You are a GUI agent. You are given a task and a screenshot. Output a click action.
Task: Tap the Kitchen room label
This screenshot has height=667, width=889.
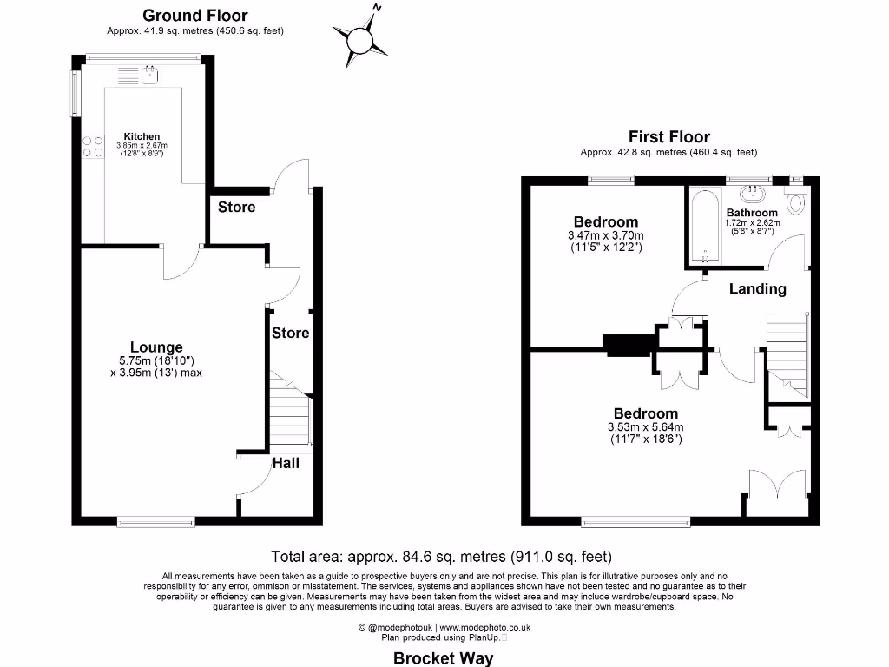pos(142,136)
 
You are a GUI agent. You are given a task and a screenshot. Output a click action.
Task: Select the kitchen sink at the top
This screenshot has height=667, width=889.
pos(148,76)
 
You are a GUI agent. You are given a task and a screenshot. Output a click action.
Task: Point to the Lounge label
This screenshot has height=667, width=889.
pos(156,347)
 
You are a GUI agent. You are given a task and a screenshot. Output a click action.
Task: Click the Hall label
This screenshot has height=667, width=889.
pos(286,463)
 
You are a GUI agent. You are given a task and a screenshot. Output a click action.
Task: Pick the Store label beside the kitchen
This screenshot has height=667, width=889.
pos(236,208)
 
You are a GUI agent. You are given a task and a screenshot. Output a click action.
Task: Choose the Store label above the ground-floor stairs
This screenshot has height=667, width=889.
pos(291,333)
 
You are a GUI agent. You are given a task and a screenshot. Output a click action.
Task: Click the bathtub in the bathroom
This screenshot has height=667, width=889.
pos(704,228)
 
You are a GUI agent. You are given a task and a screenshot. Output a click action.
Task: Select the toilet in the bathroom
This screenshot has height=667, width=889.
pos(795,201)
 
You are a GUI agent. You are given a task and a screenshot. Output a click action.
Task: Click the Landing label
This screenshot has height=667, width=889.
pos(757,289)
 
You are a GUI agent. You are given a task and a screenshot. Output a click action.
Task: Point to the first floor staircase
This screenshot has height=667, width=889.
pos(787,356)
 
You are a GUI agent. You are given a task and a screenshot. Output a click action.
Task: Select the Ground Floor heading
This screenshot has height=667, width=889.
pos(194,16)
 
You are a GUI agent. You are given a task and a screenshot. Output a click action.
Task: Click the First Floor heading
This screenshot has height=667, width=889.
pos(668,137)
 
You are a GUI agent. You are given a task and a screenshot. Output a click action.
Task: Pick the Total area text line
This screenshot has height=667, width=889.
pos(442,557)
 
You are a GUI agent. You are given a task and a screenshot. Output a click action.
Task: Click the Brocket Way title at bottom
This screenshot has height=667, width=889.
pos(444,657)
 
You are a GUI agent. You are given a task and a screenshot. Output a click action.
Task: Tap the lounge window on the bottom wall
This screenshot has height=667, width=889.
pos(156,521)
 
